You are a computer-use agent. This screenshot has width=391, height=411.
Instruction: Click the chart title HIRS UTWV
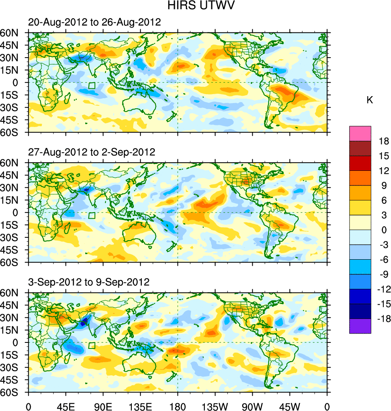pyautogui.click(x=196, y=6)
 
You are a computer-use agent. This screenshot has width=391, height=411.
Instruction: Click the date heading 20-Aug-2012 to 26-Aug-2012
pyautogui.click(x=95, y=22)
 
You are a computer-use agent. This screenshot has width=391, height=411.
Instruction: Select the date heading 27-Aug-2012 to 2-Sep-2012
pyautogui.click(x=92, y=152)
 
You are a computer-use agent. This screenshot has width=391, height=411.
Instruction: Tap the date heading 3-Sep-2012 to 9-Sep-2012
pyautogui.click(x=89, y=282)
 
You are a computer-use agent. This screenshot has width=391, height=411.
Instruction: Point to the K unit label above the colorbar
pyautogui.click(x=370, y=100)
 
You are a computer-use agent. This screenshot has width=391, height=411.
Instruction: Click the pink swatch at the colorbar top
pyautogui.click(x=360, y=133)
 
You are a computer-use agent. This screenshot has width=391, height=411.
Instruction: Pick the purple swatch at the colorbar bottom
pyautogui.click(x=360, y=326)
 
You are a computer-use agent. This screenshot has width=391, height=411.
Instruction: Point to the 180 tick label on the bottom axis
pyautogui.click(x=178, y=405)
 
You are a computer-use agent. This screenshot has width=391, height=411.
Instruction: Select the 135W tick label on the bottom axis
pyautogui.click(x=215, y=405)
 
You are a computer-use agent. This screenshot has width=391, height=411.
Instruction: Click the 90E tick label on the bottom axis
pyautogui.click(x=103, y=405)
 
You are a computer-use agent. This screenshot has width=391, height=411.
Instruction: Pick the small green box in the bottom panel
pyautogui.click(x=92, y=346)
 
